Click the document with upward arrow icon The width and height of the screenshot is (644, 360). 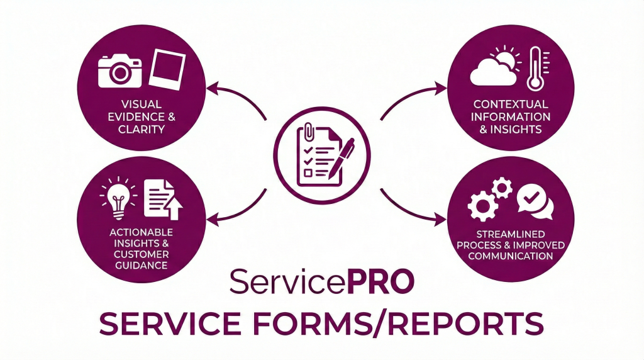[x=162, y=199]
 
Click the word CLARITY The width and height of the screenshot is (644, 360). [x=142, y=130]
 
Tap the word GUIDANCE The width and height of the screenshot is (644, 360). [x=141, y=265]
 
